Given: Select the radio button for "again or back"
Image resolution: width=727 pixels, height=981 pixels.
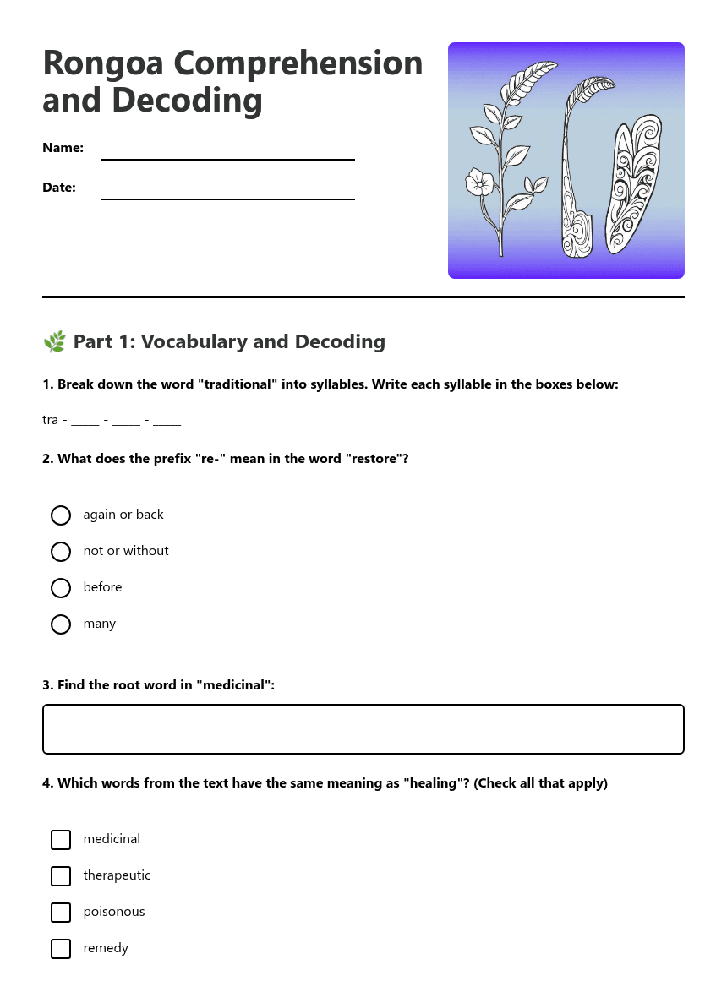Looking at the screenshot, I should [x=61, y=515].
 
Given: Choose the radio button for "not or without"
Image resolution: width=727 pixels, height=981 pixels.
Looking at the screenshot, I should [x=61, y=552].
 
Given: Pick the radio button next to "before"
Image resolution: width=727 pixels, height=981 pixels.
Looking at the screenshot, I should [x=61, y=588].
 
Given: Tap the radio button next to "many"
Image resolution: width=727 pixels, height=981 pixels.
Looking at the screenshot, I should [x=61, y=624].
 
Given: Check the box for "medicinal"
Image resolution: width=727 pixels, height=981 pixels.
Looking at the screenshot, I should [x=61, y=840].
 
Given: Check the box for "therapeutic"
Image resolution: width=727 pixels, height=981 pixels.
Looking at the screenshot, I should [x=61, y=876].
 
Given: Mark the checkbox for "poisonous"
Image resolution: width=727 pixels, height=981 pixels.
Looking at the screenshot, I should [x=61, y=913].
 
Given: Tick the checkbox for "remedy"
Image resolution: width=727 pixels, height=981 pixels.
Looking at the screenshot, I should [x=61, y=949].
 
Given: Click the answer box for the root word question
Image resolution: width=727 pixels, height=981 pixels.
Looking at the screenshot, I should [x=363, y=729].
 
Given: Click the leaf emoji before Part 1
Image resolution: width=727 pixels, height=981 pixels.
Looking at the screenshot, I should [x=54, y=342].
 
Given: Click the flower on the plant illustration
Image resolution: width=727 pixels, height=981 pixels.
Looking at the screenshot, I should [x=480, y=182].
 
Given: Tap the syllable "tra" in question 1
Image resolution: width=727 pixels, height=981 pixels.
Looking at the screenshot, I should [x=50, y=420].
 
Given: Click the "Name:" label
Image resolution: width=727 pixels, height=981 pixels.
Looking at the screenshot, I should [x=63, y=148].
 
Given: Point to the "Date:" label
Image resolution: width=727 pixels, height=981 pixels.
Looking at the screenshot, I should [x=59, y=188].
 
